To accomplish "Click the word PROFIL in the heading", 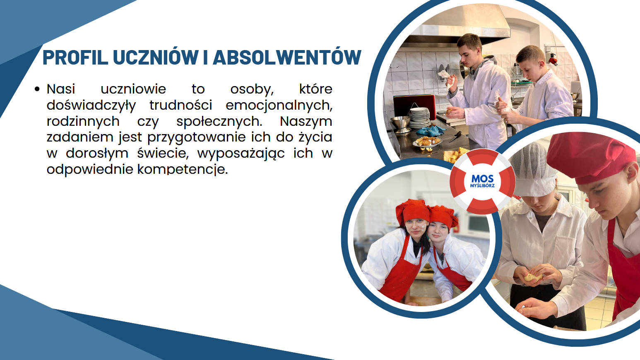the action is pos(75,58).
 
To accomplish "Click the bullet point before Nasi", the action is pos(37,89).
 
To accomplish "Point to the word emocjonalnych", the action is pos(279,106).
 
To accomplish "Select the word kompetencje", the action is pos(183,170).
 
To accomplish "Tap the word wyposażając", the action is pos(241,154).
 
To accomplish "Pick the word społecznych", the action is pos(219,122).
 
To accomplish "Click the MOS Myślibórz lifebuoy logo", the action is pos(482,182).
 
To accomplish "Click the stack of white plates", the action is pos(419,118).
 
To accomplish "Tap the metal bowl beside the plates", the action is pos(401,124).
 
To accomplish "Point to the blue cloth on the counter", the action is pos(431,131).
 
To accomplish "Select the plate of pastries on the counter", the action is pos(428,142).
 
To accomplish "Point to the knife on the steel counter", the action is pos(455,137).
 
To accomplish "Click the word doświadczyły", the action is pos(91,106).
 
